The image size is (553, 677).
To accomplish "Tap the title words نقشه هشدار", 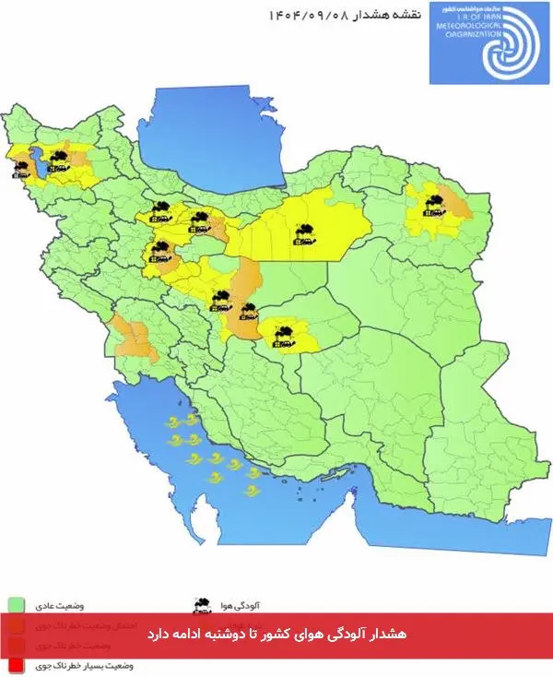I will click(381, 16).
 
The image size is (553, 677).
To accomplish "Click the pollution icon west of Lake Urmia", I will click(20, 166).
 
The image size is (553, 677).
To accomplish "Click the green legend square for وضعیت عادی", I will click(15, 605).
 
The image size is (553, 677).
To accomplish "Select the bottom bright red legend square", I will click(15, 663).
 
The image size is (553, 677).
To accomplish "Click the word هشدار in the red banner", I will click(391, 635).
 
